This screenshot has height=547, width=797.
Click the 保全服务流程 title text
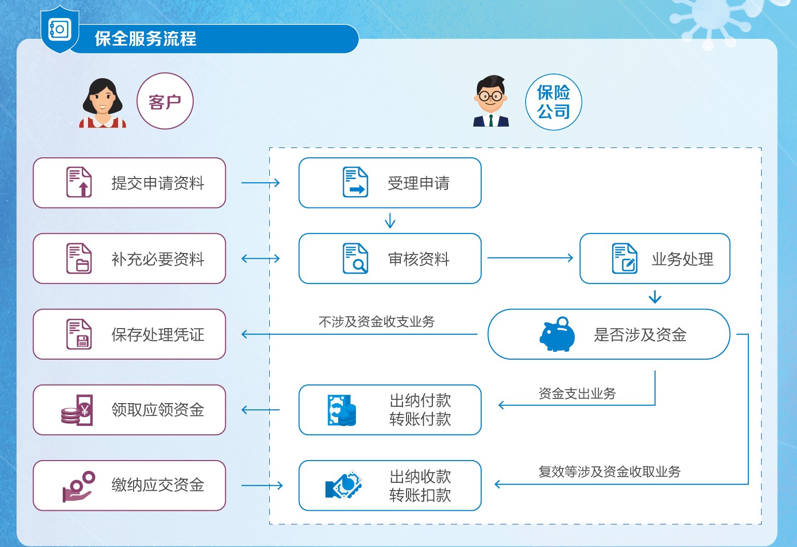(x=146, y=39)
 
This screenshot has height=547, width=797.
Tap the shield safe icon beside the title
(x=60, y=29)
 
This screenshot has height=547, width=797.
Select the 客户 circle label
(x=165, y=101)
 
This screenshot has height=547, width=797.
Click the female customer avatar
(x=103, y=102)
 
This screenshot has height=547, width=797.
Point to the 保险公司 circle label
(x=553, y=102)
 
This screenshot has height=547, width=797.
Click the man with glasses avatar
(x=490, y=101)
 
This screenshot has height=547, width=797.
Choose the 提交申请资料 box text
(x=158, y=183)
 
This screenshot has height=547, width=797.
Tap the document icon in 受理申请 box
(x=355, y=182)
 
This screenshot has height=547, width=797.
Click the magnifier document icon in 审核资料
(x=355, y=258)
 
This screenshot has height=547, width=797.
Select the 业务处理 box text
(x=682, y=259)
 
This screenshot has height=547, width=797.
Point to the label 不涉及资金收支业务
(x=376, y=322)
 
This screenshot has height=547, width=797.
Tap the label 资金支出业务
(x=577, y=394)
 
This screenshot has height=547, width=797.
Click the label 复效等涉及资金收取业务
(x=609, y=472)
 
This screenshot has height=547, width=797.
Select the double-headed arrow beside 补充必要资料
(x=260, y=258)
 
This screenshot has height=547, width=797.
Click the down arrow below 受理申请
(x=390, y=221)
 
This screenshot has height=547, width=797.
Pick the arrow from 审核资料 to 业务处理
(x=530, y=258)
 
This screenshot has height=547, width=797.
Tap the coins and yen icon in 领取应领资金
(x=78, y=410)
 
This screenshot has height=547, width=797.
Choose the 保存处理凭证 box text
(x=158, y=335)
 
